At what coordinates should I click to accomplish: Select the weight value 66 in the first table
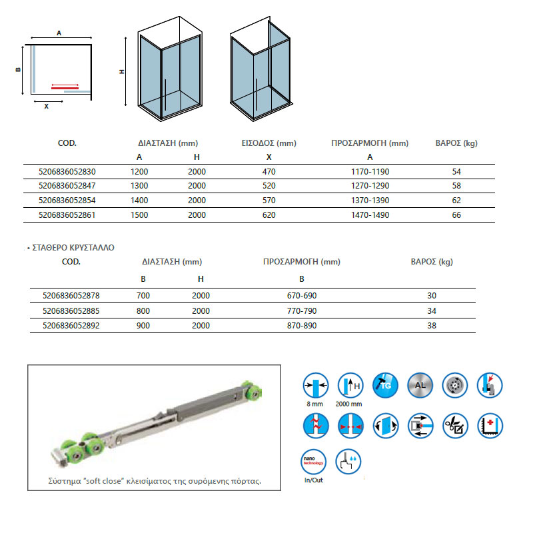point(456,215)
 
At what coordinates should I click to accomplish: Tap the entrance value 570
point(269,201)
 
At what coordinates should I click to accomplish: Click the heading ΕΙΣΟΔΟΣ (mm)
point(269,143)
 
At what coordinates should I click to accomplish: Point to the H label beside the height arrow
point(123,72)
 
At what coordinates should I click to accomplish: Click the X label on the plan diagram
point(46,106)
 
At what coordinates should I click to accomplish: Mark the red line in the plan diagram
point(65,87)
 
